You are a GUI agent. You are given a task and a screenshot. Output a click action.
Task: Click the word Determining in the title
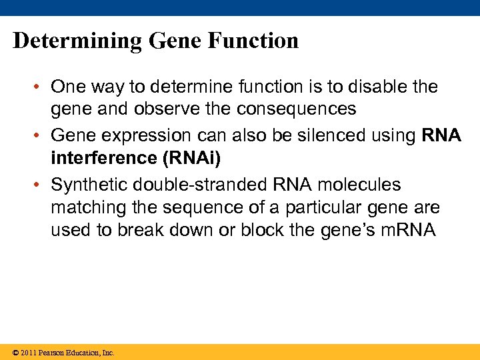77,41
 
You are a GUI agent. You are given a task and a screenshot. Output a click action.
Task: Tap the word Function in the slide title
253,41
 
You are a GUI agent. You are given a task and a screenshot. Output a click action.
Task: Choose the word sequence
193,207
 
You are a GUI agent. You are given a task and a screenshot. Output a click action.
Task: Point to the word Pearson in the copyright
52,353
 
